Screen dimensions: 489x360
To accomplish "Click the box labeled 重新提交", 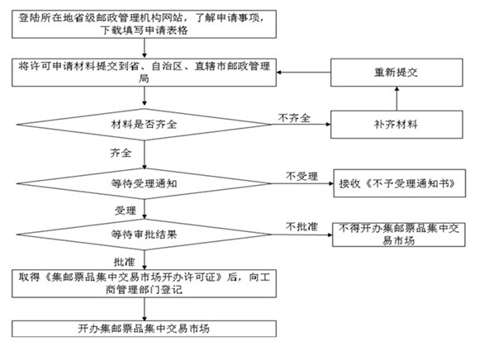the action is tap(396, 73).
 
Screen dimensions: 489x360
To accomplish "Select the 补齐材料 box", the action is tap(396, 125).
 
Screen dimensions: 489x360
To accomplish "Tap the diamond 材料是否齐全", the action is tap(144, 125).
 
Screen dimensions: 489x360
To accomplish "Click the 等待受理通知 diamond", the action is tap(144, 183).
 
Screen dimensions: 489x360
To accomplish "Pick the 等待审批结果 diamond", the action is tap(144, 234).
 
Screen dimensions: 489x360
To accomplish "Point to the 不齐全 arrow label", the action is tap(294, 118).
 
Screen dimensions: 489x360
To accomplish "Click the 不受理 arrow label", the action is tap(301, 177).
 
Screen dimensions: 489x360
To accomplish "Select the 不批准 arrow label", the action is tap(301, 226).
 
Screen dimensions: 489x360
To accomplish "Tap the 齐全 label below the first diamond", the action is tap(121, 153).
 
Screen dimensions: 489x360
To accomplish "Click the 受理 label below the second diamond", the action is tap(126, 211).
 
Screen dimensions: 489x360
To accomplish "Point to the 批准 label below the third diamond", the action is tap(124, 262).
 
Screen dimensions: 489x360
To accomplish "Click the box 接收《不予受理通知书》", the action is tap(399, 183).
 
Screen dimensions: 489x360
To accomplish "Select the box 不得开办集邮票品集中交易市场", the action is tap(399, 234).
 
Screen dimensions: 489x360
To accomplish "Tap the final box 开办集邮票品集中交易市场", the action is tap(144, 329).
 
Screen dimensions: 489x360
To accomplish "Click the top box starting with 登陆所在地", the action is tap(144, 24).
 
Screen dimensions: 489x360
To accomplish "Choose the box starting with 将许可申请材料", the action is tap(144, 73).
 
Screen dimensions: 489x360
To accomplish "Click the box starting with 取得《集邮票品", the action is tap(144, 283).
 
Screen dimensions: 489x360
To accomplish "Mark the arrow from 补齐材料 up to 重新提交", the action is tap(396, 98).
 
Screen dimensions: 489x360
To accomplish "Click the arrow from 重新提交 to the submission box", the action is tap(303, 73).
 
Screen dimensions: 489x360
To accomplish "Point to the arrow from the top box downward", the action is tap(145, 49).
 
